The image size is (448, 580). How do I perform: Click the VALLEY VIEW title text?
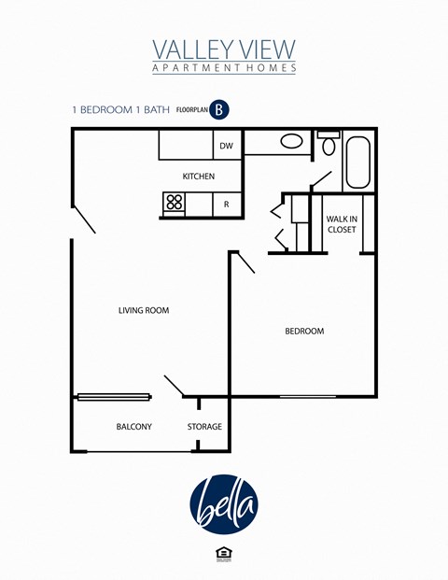click(224, 49)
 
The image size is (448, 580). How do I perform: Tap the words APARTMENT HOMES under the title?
click(224, 68)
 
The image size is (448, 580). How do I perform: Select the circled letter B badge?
click(219, 109)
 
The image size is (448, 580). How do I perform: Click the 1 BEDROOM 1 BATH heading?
click(121, 109)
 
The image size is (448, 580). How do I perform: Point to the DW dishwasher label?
click(226, 146)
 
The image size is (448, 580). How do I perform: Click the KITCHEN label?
click(199, 177)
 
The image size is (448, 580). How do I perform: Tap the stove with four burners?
click(175, 204)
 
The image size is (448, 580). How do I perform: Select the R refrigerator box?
click(226, 204)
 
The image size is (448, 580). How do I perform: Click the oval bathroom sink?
click(291, 142)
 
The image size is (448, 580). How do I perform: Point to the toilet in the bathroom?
click(328, 146)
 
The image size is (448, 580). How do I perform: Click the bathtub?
click(358, 163)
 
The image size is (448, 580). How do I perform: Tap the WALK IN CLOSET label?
click(341, 224)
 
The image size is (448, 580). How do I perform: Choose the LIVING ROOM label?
click(144, 310)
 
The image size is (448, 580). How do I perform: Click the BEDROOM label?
click(304, 332)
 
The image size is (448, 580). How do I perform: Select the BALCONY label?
click(134, 427)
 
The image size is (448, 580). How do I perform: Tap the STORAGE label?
click(204, 427)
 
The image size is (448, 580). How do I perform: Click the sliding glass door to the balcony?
click(113, 397)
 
